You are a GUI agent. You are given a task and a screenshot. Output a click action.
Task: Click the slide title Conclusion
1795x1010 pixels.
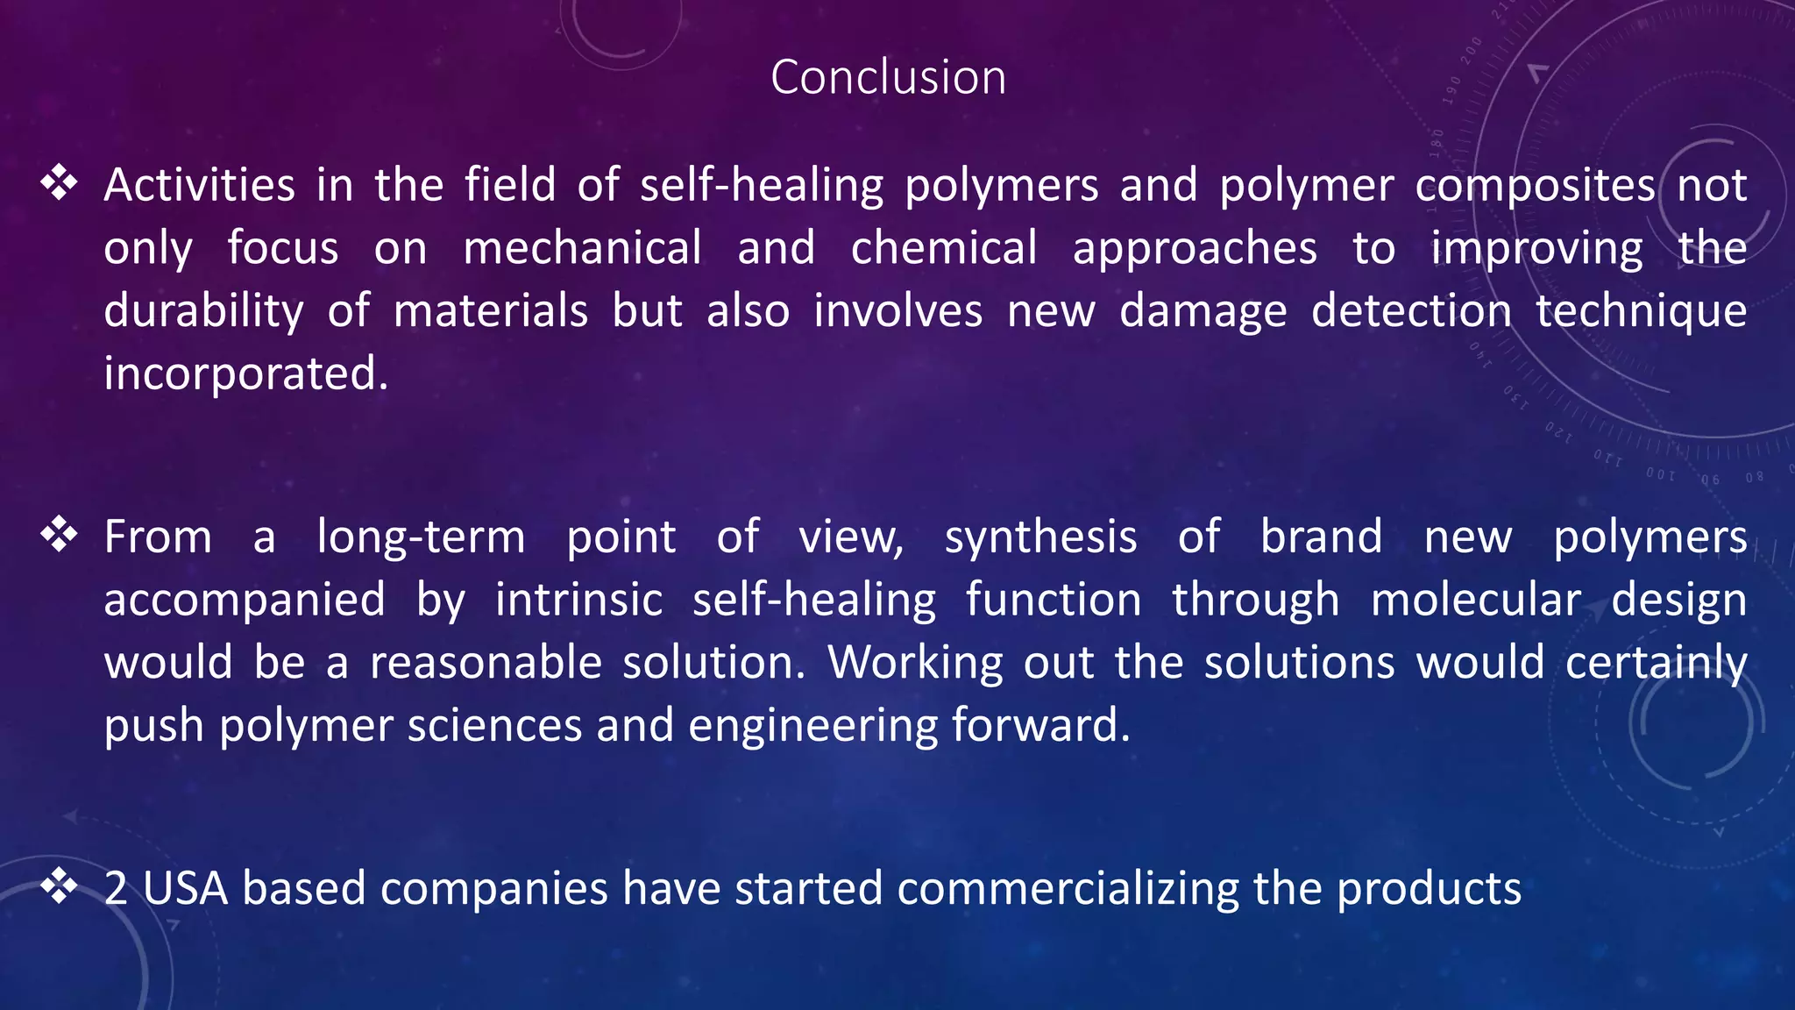tap(888, 77)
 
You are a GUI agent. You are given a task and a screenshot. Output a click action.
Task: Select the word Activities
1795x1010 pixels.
tap(200, 186)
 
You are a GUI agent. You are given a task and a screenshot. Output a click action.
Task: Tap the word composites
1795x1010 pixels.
tap(1535, 186)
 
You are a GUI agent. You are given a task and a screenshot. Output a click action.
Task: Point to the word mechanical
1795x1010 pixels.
tap(583, 248)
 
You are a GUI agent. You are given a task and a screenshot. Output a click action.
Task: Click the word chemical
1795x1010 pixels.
tap(944, 248)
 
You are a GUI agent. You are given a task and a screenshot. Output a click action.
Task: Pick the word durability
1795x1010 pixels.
tap(204, 311)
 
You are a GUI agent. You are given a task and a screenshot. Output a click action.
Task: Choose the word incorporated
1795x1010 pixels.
tap(245, 374)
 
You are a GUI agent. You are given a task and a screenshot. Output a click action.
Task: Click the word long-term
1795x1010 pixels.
tap(421, 537)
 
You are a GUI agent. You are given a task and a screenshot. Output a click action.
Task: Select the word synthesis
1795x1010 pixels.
tap(1040, 537)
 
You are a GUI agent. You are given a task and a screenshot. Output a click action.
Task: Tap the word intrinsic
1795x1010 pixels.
tap(578, 601)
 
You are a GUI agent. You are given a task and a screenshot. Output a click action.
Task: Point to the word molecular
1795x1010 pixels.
tap(1476, 601)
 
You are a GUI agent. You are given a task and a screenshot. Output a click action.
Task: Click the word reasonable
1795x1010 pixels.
tap(486, 663)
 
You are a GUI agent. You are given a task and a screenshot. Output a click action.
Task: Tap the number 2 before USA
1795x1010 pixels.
tap(116, 888)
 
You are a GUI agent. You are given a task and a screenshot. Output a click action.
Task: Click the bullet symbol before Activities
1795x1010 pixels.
tap(60, 182)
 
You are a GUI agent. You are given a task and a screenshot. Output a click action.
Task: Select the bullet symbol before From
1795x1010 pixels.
tap(60, 535)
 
